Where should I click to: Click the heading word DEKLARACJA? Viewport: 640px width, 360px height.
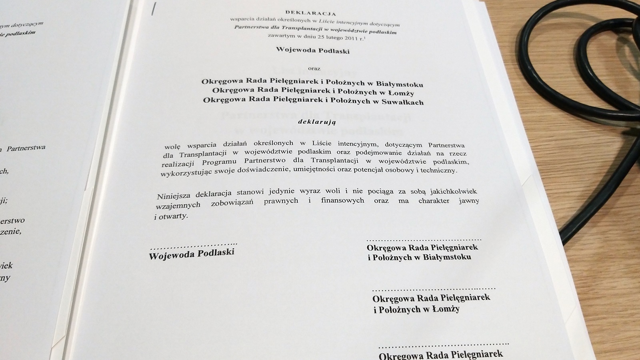pos(311,13)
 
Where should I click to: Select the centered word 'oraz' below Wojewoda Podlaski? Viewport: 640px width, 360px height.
pos(314,68)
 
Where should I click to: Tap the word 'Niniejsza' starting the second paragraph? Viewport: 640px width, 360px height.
pos(174,196)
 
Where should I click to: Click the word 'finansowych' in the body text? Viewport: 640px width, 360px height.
pos(342,200)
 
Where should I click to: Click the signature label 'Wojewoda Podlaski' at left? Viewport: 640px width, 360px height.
pos(192,254)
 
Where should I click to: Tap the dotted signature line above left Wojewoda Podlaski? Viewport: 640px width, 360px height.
pos(194,244)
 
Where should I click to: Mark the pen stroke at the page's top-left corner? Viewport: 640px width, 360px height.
pos(152,9)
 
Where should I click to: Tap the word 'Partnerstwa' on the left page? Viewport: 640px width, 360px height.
pos(26,148)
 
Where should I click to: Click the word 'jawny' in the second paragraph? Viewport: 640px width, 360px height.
pos(469,201)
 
